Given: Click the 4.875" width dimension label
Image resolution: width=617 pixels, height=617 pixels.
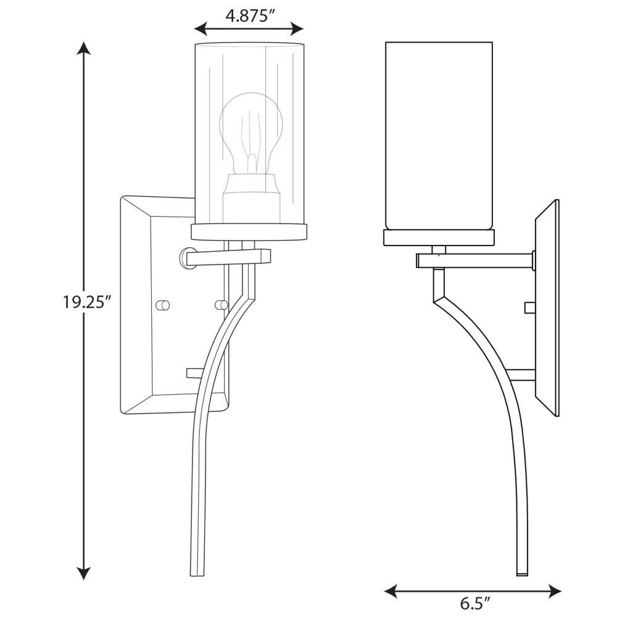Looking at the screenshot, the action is (x=249, y=16).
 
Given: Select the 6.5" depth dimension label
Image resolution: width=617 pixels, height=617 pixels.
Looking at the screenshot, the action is (x=475, y=603).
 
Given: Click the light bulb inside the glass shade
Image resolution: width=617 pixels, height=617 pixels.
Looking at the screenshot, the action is (x=251, y=134).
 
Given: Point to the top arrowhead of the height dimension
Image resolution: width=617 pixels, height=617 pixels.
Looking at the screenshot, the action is (x=83, y=48).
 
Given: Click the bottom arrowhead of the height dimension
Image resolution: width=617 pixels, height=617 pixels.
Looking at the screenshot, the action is (x=83, y=573).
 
